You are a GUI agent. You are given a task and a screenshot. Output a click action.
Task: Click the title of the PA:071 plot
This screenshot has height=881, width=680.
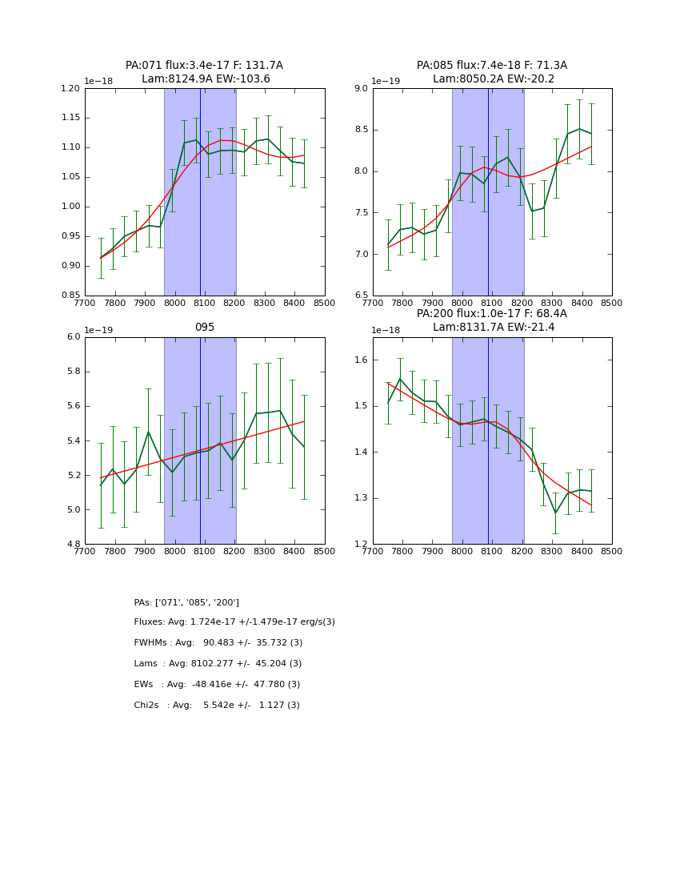(x=204, y=72)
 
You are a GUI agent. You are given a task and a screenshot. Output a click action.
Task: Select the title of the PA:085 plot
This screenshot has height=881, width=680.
(x=492, y=72)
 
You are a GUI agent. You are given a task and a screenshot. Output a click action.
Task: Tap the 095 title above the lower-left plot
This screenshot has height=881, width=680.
(x=204, y=327)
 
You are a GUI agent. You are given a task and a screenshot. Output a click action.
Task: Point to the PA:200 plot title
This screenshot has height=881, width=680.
(x=492, y=320)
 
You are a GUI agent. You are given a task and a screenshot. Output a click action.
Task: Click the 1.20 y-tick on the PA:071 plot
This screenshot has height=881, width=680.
(x=71, y=88)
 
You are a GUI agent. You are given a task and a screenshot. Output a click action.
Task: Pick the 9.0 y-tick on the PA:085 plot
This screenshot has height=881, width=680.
(x=359, y=88)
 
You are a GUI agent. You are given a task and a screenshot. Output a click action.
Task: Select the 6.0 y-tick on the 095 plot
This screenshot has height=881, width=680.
(x=74, y=337)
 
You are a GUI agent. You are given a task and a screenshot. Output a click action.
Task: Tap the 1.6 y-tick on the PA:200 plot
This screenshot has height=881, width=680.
(x=362, y=360)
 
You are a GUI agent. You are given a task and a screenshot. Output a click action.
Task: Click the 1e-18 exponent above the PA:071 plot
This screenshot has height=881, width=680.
(x=100, y=81)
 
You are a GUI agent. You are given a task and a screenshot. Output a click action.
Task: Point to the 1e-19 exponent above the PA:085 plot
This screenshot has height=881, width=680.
(x=388, y=81)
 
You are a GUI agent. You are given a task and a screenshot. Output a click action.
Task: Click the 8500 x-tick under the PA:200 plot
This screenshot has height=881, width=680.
(x=612, y=551)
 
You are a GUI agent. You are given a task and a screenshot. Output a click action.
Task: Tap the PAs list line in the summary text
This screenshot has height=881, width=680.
(x=186, y=602)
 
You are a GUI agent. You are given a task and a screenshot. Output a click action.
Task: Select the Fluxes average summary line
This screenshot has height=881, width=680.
(x=234, y=622)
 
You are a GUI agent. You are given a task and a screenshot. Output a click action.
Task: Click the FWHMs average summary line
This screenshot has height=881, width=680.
(x=218, y=642)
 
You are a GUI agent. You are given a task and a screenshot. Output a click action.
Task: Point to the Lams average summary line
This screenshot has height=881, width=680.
(x=218, y=663)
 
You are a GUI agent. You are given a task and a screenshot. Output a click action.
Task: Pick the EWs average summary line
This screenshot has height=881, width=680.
(x=217, y=684)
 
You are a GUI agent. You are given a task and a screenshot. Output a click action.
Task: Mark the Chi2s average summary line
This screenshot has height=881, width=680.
(x=217, y=705)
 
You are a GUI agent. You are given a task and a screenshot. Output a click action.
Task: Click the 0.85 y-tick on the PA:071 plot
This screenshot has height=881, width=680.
(x=71, y=296)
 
